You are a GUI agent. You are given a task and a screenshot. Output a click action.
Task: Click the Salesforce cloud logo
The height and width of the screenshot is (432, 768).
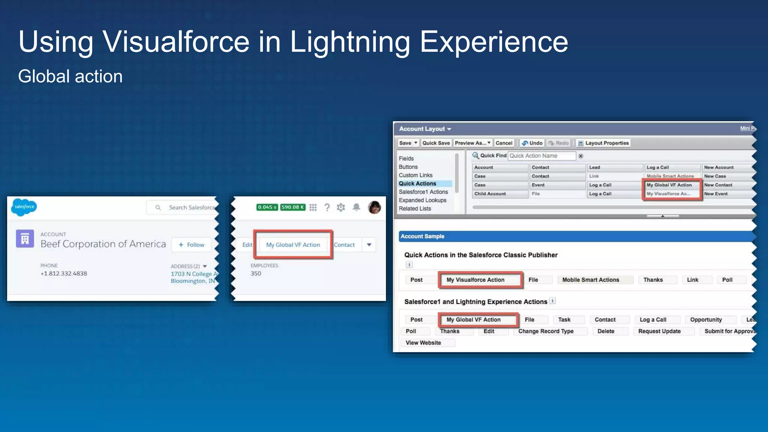coord(24,207)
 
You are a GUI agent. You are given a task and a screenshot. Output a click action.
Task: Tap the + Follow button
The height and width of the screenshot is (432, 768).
coord(191,245)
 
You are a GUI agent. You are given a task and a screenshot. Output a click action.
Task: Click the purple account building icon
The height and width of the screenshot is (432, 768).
coord(25,239)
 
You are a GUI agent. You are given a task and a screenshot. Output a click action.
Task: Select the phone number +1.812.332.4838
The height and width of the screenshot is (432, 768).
coord(64,274)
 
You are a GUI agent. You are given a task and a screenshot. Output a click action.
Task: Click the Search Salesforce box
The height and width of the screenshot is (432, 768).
coord(187,207)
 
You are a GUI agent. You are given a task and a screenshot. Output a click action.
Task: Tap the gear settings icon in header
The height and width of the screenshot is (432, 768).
coord(340,207)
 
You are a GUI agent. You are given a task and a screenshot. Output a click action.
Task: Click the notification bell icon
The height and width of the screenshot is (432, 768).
coord(356,207)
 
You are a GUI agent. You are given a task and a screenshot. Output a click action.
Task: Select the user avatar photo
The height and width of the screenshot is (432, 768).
coord(374,207)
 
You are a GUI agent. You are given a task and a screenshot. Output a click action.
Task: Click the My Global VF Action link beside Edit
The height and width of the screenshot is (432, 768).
coord(293,245)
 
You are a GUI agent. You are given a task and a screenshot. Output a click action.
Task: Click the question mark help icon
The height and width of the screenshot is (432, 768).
coord(327,207)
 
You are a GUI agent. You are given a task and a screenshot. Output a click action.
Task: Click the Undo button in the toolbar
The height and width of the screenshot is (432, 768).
coord(532,143)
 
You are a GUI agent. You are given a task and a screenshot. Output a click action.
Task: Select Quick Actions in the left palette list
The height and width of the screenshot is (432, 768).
coord(417,184)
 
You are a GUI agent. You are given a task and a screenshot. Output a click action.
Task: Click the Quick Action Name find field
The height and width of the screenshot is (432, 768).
coord(541,156)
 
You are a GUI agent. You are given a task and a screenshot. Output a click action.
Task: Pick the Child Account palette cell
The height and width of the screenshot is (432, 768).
coord(490,194)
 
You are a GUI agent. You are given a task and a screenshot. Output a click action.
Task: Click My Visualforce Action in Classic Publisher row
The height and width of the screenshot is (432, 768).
coord(475,280)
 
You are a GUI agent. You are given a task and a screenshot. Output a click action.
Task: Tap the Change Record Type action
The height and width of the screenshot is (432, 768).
coord(546,331)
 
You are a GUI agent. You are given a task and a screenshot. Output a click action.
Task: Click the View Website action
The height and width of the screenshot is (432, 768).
coord(423,343)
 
